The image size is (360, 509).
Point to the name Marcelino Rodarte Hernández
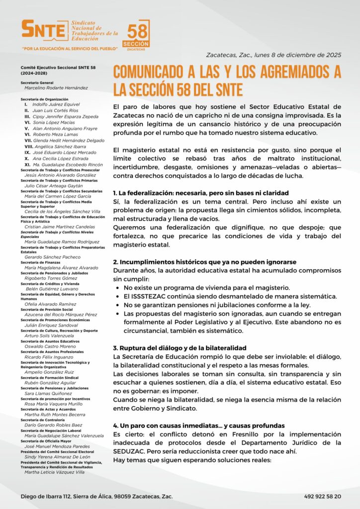(56, 88)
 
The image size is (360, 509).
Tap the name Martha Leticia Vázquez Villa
(55, 472)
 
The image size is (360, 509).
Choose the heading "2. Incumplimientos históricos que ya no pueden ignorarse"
(204, 261)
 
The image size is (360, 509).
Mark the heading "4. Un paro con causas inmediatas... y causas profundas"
(198, 425)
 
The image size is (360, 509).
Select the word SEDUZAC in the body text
(130, 451)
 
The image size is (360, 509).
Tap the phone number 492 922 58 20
(323, 496)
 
